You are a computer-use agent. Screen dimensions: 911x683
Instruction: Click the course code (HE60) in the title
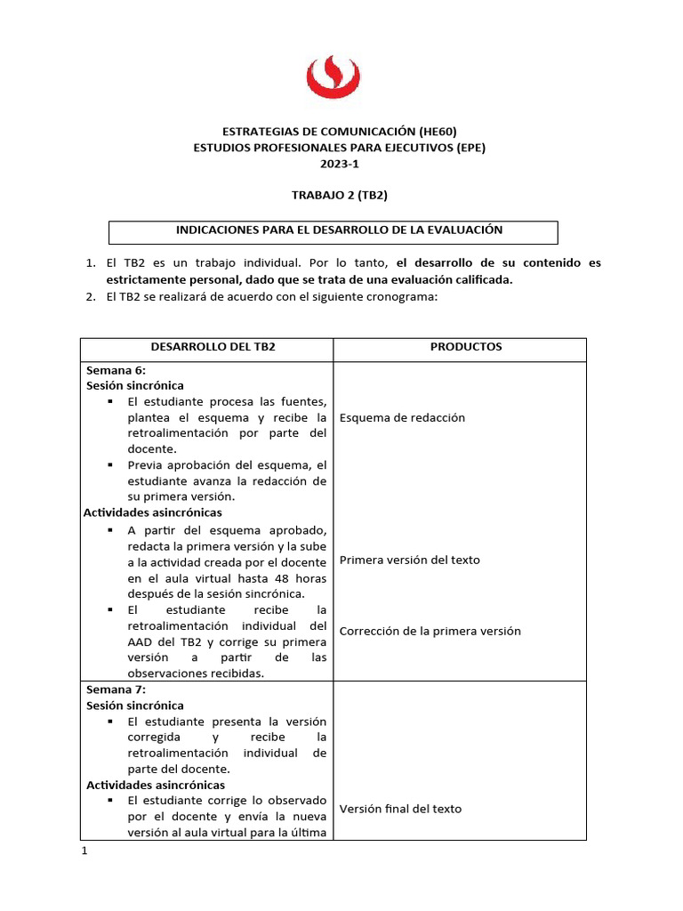[x=438, y=131]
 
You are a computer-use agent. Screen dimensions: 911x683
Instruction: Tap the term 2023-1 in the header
[x=341, y=163]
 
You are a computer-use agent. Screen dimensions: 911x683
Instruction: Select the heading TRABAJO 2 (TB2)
[x=341, y=195]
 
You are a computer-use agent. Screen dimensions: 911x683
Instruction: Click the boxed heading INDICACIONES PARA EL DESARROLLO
[x=339, y=230]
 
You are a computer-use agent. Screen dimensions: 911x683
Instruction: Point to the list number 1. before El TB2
[x=90, y=263]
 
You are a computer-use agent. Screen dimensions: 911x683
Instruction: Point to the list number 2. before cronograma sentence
[x=90, y=297]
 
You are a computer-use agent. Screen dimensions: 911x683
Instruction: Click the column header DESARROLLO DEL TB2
[x=205, y=347]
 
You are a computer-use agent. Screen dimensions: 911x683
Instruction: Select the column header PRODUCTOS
[x=459, y=347]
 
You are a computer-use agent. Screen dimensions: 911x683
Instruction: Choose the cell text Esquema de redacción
[x=402, y=417]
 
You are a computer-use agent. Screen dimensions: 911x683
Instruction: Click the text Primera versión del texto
[x=409, y=560]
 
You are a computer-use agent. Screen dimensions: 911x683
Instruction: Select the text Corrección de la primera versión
[x=430, y=631]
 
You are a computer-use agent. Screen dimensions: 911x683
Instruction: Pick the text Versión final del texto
[x=400, y=809]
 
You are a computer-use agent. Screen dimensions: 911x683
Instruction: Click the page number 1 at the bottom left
[x=84, y=851]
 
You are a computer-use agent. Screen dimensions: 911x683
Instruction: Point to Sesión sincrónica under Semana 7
[x=134, y=705]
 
